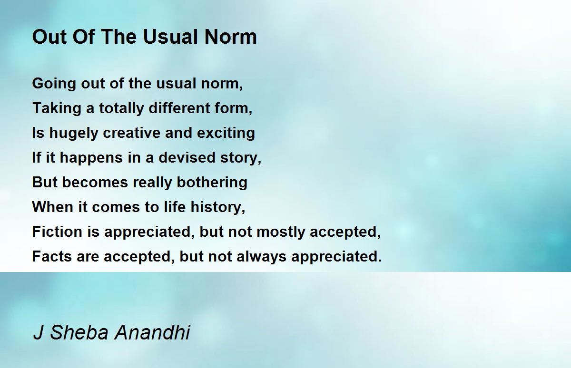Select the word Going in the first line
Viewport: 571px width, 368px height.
tap(54, 84)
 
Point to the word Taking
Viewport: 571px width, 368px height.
tap(57, 109)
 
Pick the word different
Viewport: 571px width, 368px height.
tap(179, 108)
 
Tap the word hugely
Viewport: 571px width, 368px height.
tap(74, 134)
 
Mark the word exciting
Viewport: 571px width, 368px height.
tap(226, 134)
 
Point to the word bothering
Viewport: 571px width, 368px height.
tap(212, 183)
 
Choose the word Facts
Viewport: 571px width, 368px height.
tap(52, 256)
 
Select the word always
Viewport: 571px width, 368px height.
tap(261, 257)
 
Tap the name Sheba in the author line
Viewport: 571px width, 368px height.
tap(79, 332)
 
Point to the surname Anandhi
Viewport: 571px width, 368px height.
tap(152, 332)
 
